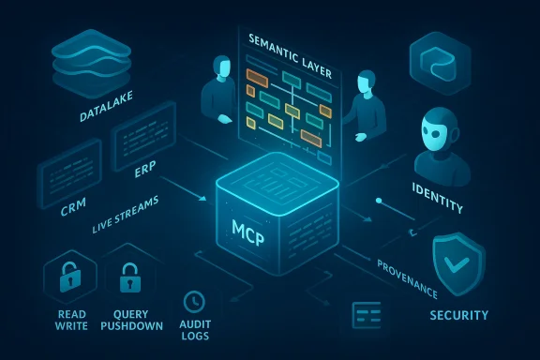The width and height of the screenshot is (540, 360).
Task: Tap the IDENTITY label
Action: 440,189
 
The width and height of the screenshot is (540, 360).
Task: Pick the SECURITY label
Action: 457,315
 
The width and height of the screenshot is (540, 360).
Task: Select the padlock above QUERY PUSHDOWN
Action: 129,278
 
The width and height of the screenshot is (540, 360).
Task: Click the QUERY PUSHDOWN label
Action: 131,321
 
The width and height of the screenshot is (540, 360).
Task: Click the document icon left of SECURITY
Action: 366,315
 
